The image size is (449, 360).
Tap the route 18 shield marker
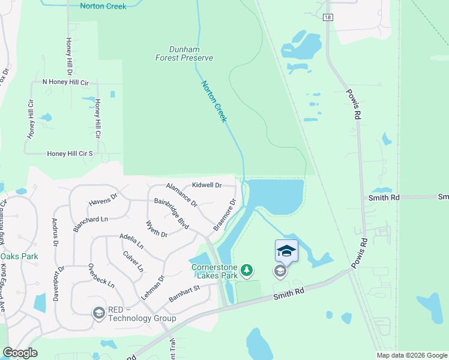327,17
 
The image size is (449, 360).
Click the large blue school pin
286,250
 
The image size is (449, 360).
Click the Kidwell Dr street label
206,185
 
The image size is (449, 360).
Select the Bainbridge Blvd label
172,214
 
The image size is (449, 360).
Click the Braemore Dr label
225,215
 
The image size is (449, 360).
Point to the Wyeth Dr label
157,229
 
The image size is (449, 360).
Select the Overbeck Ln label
101,275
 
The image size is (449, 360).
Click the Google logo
20,353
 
